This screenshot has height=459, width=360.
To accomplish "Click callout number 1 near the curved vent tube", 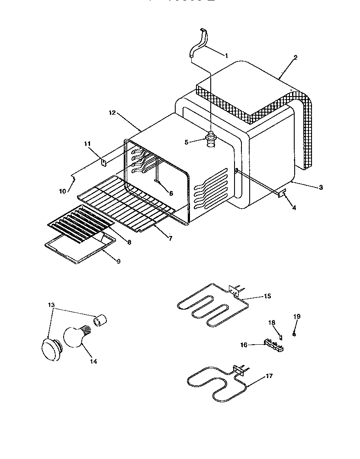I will (226, 55).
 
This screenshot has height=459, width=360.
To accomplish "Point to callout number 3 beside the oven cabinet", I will (321, 187).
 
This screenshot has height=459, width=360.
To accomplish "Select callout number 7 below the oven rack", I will (170, 238).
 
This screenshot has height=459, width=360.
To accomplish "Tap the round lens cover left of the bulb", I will (51, 349).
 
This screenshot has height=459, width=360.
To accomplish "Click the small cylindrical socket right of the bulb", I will (100, 321).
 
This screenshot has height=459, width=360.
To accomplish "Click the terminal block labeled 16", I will (273, 346).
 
